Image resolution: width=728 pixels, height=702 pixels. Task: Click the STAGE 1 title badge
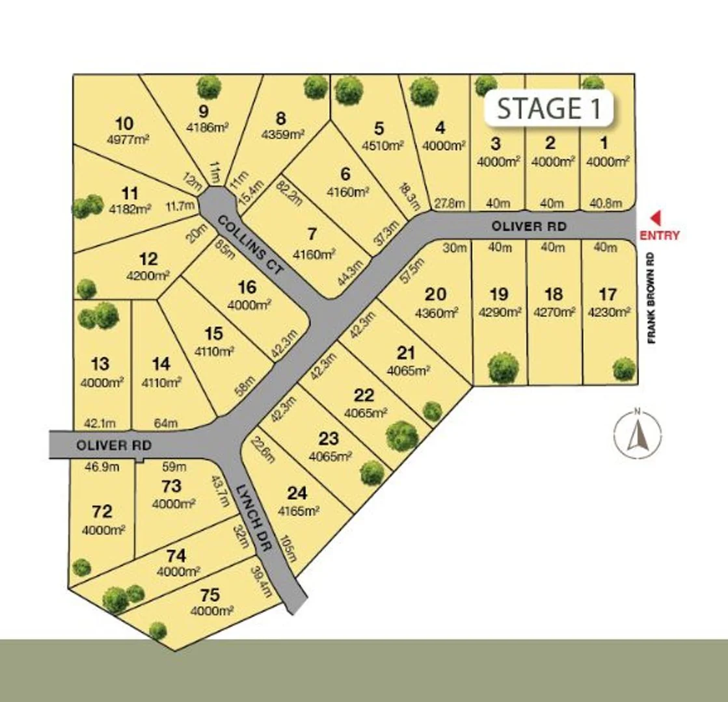tap(548, 108)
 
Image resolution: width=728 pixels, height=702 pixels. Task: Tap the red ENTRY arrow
tap(656, 218)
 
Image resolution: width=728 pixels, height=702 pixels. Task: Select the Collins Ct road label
tap(250, 245)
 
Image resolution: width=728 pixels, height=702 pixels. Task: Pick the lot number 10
tap(124, 123)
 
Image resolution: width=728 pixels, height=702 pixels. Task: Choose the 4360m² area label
tap(436, 313)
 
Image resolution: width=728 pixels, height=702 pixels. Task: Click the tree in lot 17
tap(623, 369)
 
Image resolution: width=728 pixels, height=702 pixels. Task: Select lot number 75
tap(211, 595)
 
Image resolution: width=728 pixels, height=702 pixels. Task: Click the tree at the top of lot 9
tap(209, 87)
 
